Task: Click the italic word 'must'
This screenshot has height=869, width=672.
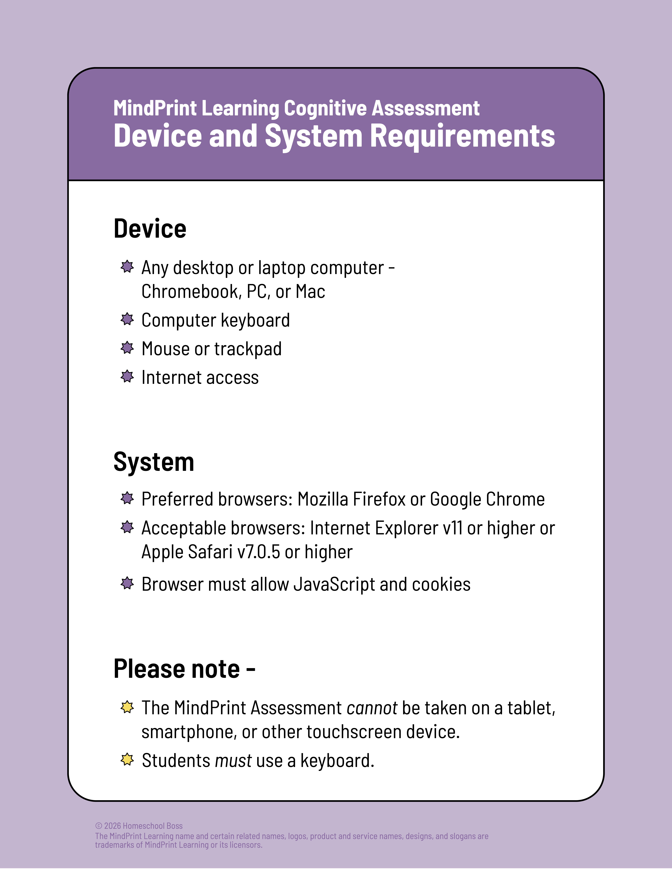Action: [233, 761]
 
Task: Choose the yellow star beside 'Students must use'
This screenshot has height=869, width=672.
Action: [127, 760]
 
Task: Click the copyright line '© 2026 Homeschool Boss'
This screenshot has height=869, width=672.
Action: [139, 826]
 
